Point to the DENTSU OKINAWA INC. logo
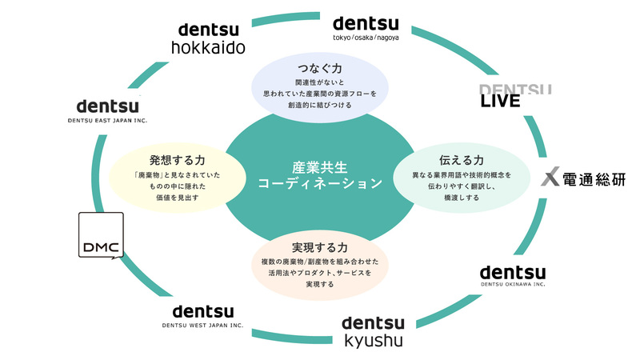pos(513,274)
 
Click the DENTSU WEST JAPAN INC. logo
pos(203,315)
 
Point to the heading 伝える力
pos(460,160)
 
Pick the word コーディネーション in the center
pos(319,184)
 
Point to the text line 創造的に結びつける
pos(319,106)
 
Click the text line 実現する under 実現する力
pos(320,285)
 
